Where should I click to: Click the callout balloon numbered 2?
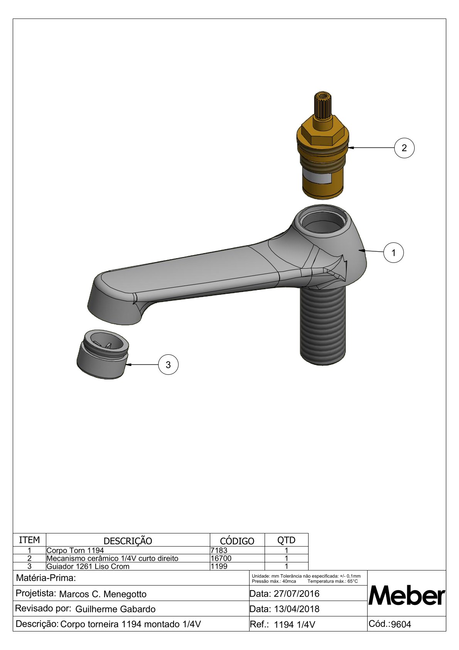click(404, 148)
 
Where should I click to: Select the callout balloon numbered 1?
click(393, 253)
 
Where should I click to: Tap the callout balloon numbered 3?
click(168, 365)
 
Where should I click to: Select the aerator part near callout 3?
click(103, 354)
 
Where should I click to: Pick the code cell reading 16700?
click(221, 558)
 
